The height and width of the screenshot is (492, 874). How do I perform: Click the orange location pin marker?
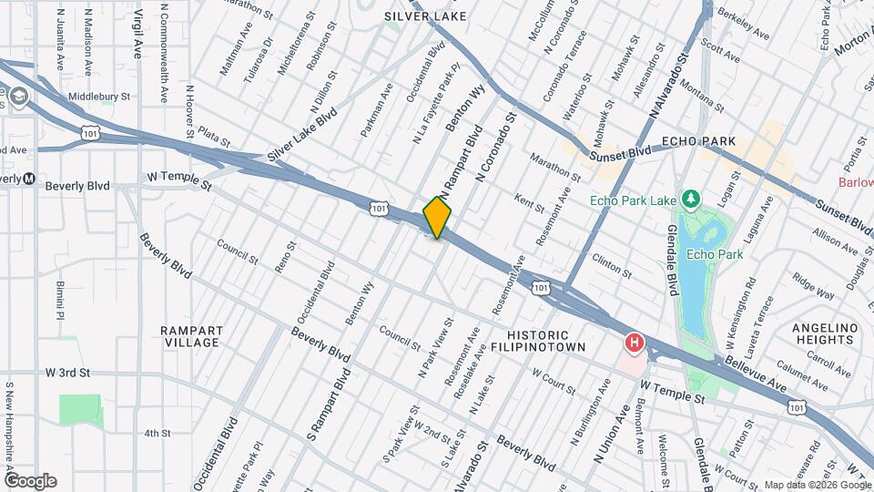click(437, 217)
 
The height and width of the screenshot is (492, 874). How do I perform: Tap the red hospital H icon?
click(634, 343)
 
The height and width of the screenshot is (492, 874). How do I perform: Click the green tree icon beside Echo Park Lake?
click(691, 199)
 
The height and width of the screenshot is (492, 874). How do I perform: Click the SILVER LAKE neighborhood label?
click(425, 16)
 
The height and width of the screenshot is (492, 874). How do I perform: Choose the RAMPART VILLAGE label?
click(190, 336)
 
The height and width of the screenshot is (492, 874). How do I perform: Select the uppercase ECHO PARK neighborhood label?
click(698, 142)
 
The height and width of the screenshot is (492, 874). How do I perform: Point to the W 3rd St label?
click(68, 373)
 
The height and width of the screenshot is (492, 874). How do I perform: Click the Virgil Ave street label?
click(138, 34)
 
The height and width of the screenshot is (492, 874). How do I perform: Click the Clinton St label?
click(612, 265)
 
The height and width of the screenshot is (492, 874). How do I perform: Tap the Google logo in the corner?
click(30, 480)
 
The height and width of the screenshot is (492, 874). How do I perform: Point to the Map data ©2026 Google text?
click(817, 485)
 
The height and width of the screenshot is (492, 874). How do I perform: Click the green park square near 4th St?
click(81, 409)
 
